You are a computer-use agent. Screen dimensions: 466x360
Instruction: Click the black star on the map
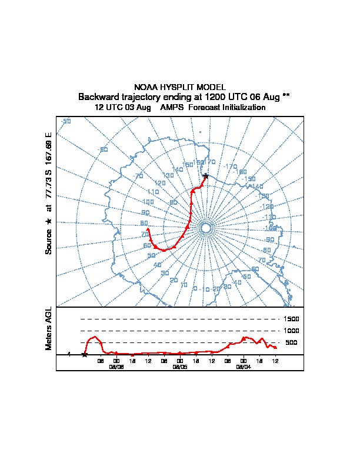point(205,176)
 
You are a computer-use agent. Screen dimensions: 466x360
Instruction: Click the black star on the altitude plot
point(85,354)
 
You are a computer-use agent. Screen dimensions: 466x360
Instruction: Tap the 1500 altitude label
point(292,319)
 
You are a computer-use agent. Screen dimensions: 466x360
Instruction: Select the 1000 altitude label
point(292,331)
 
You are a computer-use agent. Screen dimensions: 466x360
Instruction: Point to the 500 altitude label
point(291,342)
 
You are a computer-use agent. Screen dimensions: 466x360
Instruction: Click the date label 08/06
point(116,366)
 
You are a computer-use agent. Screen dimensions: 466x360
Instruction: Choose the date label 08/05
point(180,366)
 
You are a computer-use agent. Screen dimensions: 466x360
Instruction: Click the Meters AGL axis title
point(49,328)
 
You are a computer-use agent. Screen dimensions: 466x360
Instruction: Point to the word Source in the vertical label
point(49,241)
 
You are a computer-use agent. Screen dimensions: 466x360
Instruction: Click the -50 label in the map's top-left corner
point(66,121)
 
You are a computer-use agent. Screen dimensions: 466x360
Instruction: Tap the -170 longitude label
point(231,167)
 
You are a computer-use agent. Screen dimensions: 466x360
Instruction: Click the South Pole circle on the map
point(205,228)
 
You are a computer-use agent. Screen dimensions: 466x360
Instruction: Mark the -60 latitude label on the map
point(104,149)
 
